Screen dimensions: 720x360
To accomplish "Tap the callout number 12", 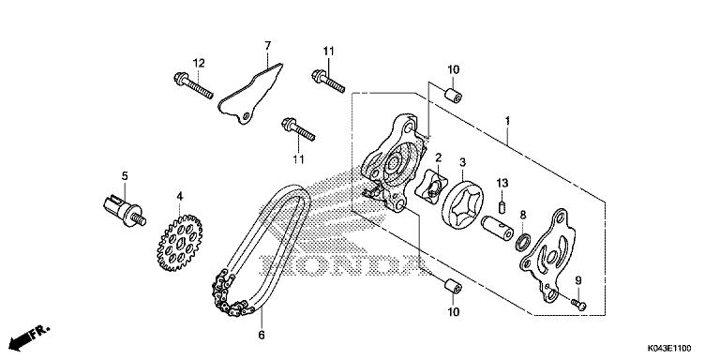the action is coord(199,63).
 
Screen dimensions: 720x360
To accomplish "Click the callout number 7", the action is coord(266,46).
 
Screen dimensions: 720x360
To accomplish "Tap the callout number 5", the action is coord(122,176).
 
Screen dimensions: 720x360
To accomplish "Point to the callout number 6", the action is coord(262,333).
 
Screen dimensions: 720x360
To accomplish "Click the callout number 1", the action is coord(507,122).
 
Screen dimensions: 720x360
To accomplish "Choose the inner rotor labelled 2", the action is coord(430,187).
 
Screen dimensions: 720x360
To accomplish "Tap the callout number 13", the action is coord(502,182).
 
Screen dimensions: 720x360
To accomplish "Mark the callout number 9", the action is coord(578,281).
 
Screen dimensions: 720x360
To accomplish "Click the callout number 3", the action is coord(462,163).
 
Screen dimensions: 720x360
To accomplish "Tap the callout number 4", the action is coord(178,196).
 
